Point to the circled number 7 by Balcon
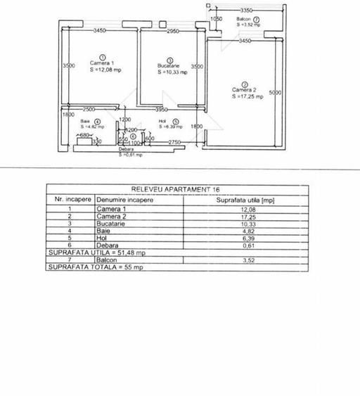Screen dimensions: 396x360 (257, 19)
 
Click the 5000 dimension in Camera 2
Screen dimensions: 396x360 (275, 92)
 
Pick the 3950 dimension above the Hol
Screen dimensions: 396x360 (162, 110)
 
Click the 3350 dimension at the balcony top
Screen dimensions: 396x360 (245, 11)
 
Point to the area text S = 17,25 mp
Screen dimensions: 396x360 (249, 97)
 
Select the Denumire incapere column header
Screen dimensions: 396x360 (126, 200)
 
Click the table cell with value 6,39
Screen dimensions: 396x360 (244, 238)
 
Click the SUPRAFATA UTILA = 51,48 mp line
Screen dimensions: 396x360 (96, 253)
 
